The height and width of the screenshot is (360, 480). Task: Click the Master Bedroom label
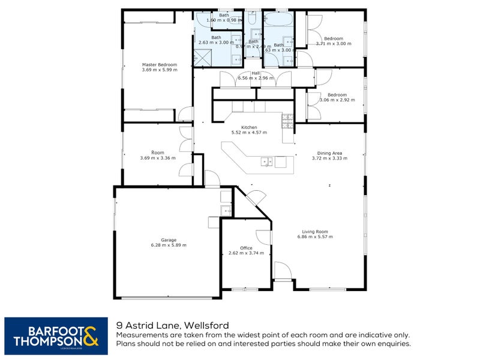click(x=160, y=64)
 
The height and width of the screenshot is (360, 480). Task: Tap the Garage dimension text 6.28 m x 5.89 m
click(x=169, y=245)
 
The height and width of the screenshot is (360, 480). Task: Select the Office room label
click(x=246, y=248)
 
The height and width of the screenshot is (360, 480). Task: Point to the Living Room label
click(x=314, y=232)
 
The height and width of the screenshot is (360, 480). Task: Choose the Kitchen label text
click(x=249, y=127)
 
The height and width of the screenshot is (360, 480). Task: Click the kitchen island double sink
click(x=268, y=161)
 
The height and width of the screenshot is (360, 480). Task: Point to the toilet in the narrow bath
click(x=254, y=35)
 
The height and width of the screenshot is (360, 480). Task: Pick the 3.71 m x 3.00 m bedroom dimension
click(x=333, y=44)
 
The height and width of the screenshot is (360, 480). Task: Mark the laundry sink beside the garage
click(x=226, y=210)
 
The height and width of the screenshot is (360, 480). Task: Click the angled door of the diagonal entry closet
click(x=256, y=198)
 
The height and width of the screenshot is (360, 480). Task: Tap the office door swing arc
click(x=262, y=237)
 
